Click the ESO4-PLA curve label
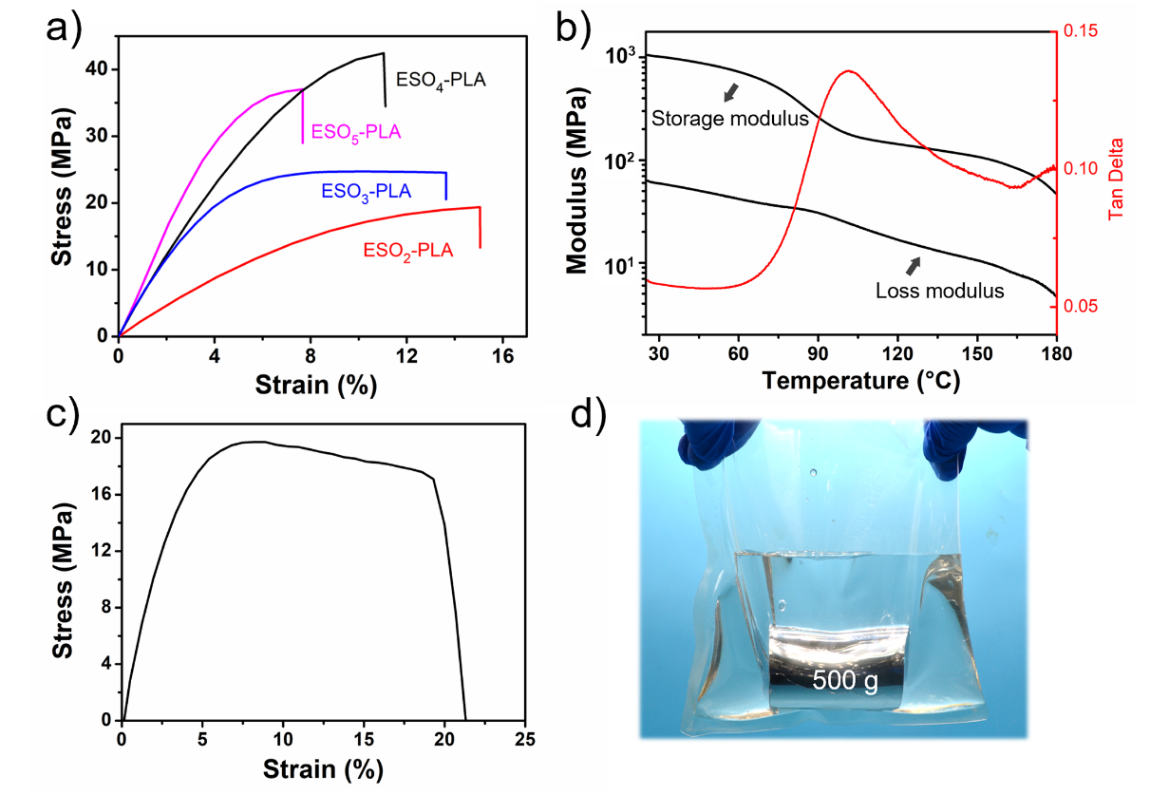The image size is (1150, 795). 441,80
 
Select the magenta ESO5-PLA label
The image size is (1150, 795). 356,132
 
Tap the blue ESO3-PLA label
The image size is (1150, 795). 366,191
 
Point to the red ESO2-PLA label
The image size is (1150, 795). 407,251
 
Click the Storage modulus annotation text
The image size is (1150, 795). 729,118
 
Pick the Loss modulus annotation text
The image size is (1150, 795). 939,292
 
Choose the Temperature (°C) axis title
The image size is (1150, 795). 859,382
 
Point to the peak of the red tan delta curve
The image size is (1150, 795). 849,71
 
